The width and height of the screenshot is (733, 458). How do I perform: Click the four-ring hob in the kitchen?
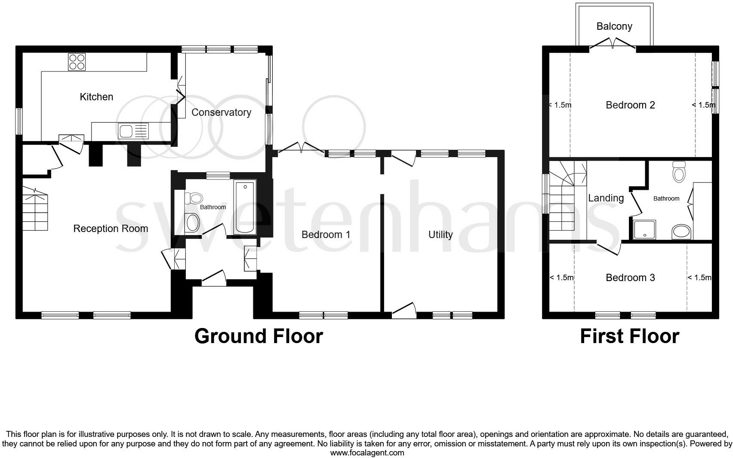(77, 62)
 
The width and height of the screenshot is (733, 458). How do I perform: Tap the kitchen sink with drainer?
(133, 131)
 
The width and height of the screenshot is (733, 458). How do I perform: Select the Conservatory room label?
(221, 112)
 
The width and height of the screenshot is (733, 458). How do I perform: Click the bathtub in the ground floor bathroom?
(245, 207)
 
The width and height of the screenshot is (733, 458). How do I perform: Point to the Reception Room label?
(111, 229)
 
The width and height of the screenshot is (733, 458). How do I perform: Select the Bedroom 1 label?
(326, 235)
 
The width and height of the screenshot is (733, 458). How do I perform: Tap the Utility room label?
(440, 235)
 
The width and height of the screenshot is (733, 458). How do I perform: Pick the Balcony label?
(614, 26)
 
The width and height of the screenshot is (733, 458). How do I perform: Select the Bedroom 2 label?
(630, 105)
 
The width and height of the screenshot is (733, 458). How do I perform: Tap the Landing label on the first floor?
(606, 198)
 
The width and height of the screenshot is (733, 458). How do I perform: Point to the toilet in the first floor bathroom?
(679, 173)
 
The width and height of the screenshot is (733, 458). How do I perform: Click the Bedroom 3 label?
(630, 278)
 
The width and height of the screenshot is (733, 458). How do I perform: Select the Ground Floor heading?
(259, 336)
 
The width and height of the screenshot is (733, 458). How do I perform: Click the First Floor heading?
(629, 336)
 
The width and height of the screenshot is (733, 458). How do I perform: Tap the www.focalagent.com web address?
(367, 452)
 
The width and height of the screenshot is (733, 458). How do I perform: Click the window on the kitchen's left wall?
(19, 121)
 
